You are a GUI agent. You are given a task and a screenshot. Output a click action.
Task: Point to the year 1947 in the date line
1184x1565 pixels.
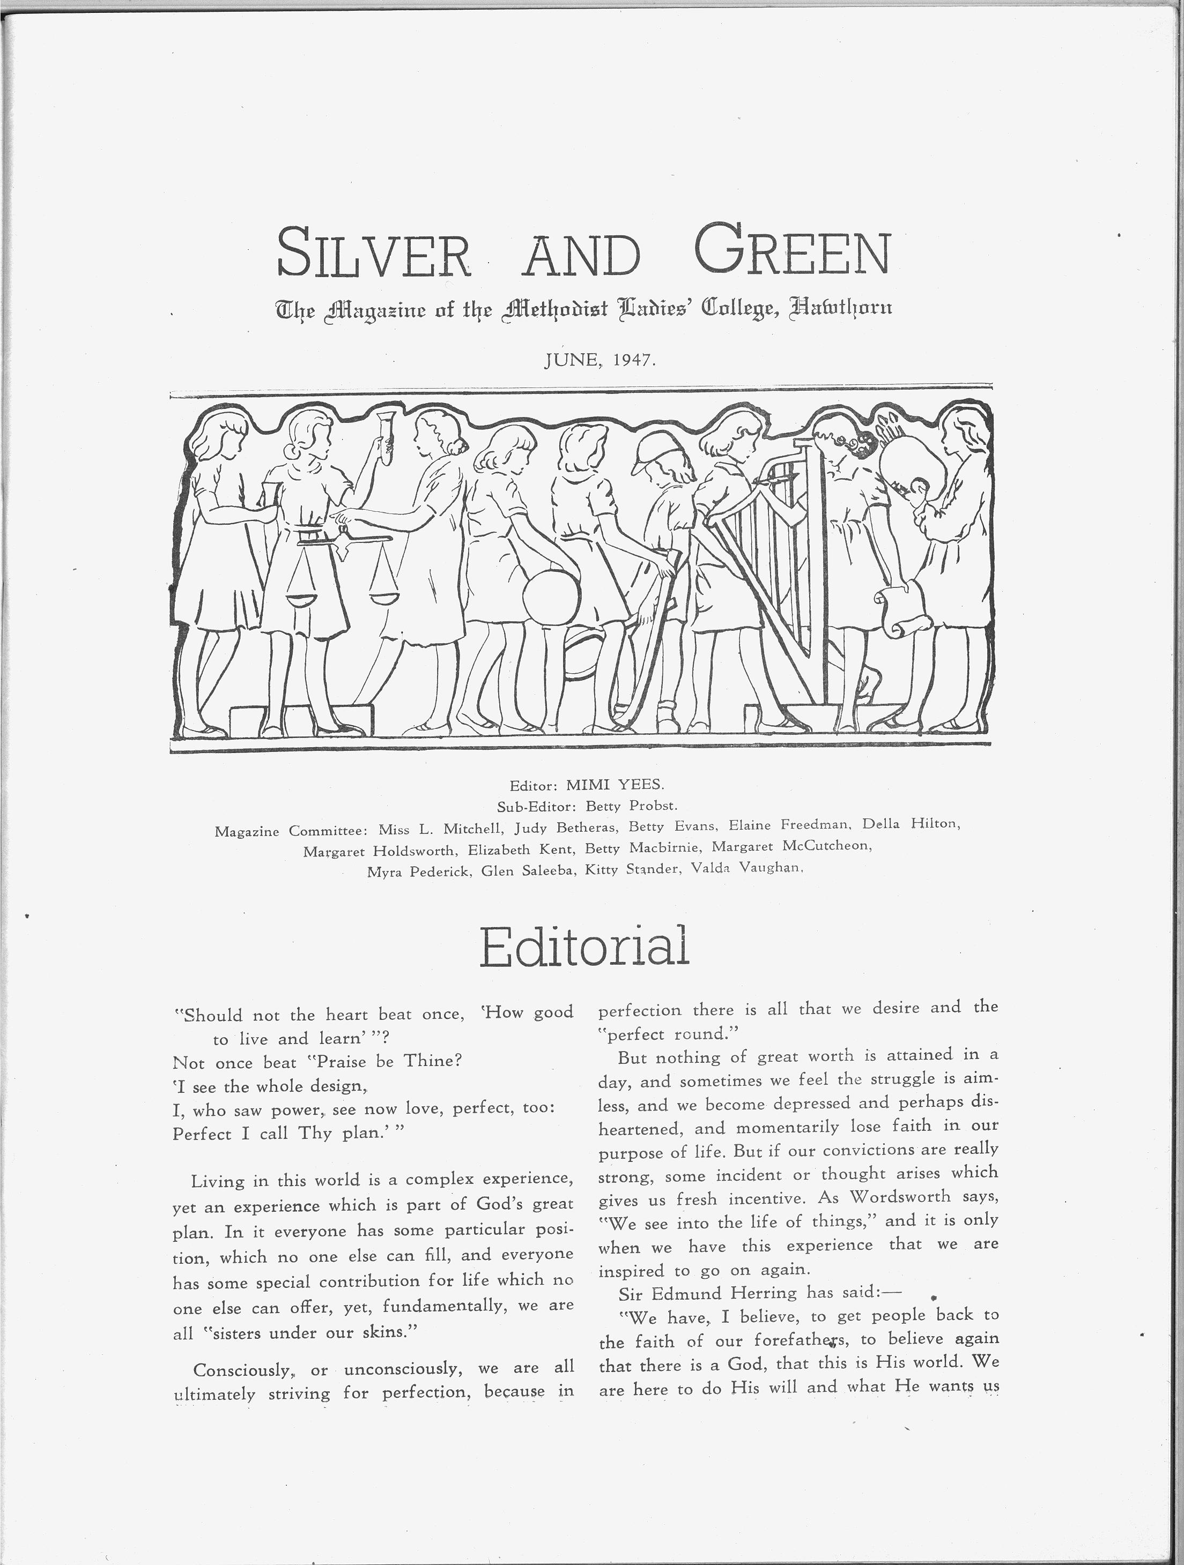coord(634,360)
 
